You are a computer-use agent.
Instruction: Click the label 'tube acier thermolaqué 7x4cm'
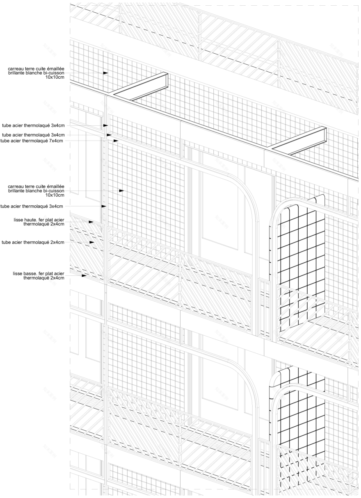pyautogui.click(x=32, y=141)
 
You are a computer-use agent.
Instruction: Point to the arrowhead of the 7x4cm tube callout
pyautogui.click(x=116, y=141)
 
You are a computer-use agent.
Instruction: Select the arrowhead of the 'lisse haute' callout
pyautogui.click(x=91, y=222)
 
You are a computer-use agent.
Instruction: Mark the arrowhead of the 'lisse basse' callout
pyautogui.click(x=84, y=276)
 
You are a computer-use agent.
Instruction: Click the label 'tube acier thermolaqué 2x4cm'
pyautogui.click(x=33, y=242)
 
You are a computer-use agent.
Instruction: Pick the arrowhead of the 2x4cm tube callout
pyautogui.click(x=92, y=242)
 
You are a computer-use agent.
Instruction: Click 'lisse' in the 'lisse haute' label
pyautogui.click(x=19, y=220)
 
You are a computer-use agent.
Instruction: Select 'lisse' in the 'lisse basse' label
pyautogui.click(x=18, y=273)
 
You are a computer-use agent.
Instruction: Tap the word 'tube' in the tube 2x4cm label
pyautogui.click(x=7, y=242)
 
